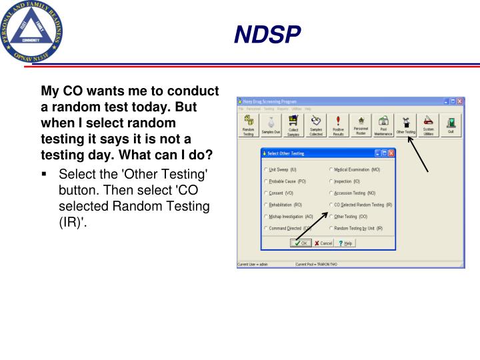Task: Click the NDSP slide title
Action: click(267, 34)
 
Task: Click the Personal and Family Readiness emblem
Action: click(33, 31)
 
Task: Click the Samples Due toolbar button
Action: click(271, 125)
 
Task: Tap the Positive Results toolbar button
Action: click(338, 125)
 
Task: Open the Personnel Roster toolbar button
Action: click(361, 125)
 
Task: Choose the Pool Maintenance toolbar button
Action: click(383, 125)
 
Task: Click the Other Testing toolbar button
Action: click(406, 125)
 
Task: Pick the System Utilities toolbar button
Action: click(428, 125)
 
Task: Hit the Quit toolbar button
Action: click(451, 125)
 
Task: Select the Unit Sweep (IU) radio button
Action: click(267, 169)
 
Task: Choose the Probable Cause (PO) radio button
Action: click(267, 181)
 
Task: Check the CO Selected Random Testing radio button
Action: click(331, 205)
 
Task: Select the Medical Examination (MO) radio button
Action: click(331, 169)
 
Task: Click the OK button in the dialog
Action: click(301, 243)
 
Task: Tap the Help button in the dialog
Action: click(344, 243)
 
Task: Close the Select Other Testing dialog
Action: click(391, 153)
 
